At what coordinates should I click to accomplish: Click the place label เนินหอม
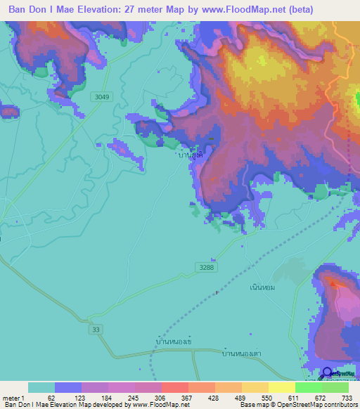pyautogui.click(x=262, y=287)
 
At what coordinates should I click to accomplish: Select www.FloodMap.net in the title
pyautogui.click(x=238, y=10)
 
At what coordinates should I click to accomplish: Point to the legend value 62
pyautogui.click(x=51, y=398)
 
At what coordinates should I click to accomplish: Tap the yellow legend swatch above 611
pyautogui.click(x=281, y=387)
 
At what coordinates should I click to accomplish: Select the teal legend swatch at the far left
pyautogui.click(x=41, y=387)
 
